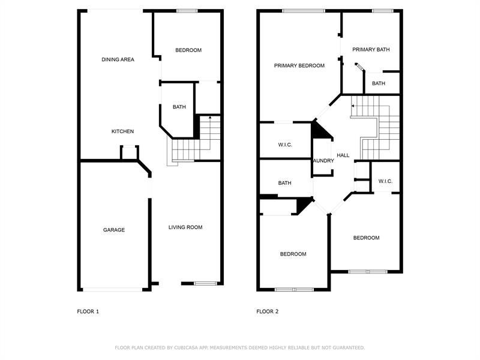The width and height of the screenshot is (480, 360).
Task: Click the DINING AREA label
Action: (x=118, y=59)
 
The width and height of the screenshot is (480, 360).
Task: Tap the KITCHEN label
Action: (x=122, y=131)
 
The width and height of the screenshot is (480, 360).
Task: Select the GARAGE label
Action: (x=113, y=230)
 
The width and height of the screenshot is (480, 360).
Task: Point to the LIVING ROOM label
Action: (x=185, y=227)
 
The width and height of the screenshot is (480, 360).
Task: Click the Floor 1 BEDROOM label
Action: (x=188, y=50)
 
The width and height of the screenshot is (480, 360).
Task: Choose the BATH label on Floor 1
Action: (x=179, y=107)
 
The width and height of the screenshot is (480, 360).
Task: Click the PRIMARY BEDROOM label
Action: (x=299, y=65)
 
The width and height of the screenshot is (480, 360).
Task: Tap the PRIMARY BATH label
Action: (x=371, y=49)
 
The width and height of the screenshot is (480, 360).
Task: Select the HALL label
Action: (x=343, y=155)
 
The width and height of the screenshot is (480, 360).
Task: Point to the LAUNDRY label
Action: (x=323, y=161)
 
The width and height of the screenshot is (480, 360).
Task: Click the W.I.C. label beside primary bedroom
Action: (x=284, y=145)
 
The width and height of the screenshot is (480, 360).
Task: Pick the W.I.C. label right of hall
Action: (x=385, y=181)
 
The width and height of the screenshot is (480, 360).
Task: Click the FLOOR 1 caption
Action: (x=88, y=311)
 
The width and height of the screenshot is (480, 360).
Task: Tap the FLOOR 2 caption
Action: (x=268, y=311)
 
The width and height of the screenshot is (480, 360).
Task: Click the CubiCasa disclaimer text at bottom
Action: (x=239, y=347)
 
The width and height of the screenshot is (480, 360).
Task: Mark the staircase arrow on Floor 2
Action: (x=353, y=106)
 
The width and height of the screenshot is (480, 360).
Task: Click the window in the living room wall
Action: (x=204, y=283)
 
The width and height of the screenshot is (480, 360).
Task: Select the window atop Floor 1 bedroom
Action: (x=187, y=10)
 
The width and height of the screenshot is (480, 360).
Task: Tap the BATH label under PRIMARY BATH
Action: (x=379, y=83)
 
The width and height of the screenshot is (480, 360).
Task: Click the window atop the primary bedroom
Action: (x=303, y=10)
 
